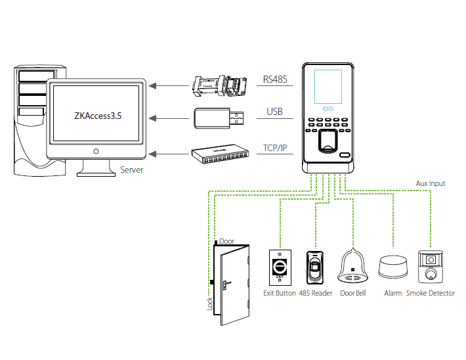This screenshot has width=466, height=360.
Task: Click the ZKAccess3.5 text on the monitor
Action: pyautogui.click(x=98, y=114)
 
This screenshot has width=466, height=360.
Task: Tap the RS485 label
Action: pyautogui.click(x=274, y=79)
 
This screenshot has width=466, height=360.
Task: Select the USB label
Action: pyautogui.click(x=274, y=112)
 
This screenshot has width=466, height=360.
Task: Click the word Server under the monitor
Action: pyautogui.click(x=131, y=170)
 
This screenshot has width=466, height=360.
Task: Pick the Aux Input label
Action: pyautogui.click(x=431, y=183)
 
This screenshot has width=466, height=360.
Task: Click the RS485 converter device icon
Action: pyautogui.click(x=219, y=84)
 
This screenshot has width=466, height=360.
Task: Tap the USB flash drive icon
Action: pyautogui.click(x=219, y=118)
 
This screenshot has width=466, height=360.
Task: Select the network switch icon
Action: pyautogui.click(x=219, y=154)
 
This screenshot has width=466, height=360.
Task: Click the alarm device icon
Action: pyautogui.click(x=393, y=268)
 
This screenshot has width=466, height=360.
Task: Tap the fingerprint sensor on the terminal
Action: pyautogui.click(x=326, y=141)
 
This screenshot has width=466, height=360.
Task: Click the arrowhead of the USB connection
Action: pyautogui.click(x=152, y=119)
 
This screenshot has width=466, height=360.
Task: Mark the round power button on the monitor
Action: pyautogui.click(x=96, y=151)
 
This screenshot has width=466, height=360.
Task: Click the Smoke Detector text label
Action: pyautogui.click(x=430, y=293)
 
